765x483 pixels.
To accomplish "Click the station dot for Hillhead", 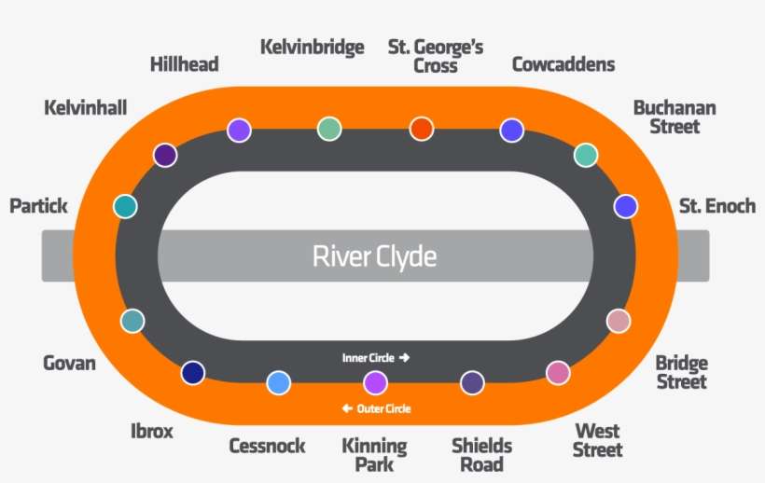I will click(x=240, y=131).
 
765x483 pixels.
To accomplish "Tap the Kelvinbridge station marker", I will click(x=329, y=129).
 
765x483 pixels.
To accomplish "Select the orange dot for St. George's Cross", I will click(x=422, y=129).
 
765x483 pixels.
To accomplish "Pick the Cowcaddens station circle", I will click(x=511, y=131).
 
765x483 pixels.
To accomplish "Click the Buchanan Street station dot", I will click(x=585, y=155).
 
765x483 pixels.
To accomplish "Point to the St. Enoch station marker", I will click(x=625, y=206).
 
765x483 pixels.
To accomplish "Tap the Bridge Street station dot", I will click(x=618, y=321).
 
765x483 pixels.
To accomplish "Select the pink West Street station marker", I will click(x=558, y=373).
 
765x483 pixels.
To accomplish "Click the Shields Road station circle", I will click(x=473, y=382).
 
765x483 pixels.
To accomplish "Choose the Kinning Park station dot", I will click(x=375, y=382).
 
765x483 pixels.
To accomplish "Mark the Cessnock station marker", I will click(x=278, y=382).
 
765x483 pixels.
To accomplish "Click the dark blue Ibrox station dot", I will click(x=193, y=373).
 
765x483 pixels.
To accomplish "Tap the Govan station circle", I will click(x=132, y=321).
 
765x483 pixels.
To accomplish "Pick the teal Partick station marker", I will click(x=125, y=206).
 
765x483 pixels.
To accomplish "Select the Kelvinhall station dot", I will click(x=165, y=155).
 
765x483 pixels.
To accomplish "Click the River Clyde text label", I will click(x=374, y=255).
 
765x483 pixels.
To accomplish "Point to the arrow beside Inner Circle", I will click(x=404, y=357).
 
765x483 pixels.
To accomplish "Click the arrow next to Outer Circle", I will click(x=347, y=408).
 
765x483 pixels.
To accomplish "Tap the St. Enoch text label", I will click(x=716, y=206).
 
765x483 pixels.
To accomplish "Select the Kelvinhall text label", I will click(x=85, y=108).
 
